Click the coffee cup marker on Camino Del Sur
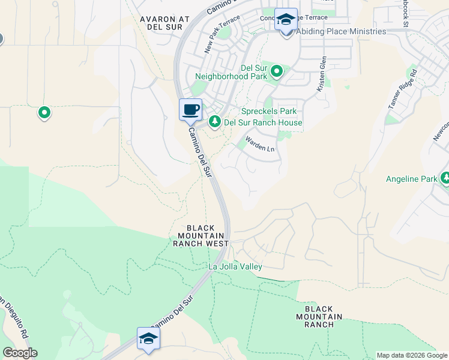(190, 109)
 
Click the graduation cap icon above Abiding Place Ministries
(286, 19)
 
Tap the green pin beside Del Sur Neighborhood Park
(277, 72)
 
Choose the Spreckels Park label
(268, 111)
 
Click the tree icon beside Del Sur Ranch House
(215, 122)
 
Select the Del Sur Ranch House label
(263, 123)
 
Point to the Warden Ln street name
(260, 145)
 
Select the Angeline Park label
(412, 179)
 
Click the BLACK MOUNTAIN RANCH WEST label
(201, 236)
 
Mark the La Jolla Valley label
(235, 266)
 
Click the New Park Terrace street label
(217, 37)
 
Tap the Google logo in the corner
(20, 353)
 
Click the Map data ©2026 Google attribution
(411, 355)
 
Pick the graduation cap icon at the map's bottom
(148, 338)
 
